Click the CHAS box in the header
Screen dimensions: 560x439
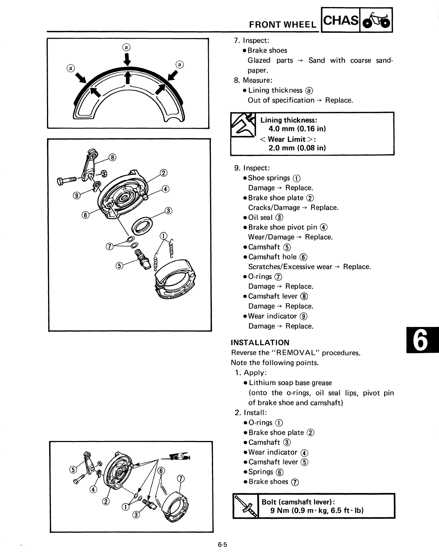click(x=341, y=21)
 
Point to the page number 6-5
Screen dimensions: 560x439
click(x=222, y=545)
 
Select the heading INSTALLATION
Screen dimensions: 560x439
click(x=260, y=343)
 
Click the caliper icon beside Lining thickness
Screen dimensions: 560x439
click(x=243, y=125)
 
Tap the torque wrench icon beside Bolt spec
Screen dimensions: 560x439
click(x=246, y=506)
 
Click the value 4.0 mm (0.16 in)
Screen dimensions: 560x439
click(x=297, y=129)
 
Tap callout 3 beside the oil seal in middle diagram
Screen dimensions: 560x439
click(x=168, y=210)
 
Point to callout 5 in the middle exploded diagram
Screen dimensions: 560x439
click(x=119, y=265)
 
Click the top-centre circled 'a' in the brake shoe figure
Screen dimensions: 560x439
click(x=126, y=47)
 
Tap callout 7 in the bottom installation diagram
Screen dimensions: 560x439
click(x=181, y=479)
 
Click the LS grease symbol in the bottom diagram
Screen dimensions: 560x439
click(x=181, y=456)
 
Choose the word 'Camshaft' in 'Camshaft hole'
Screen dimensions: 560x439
click(x=264, y=257)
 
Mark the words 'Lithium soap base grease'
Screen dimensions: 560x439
click(x=290, y=383)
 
